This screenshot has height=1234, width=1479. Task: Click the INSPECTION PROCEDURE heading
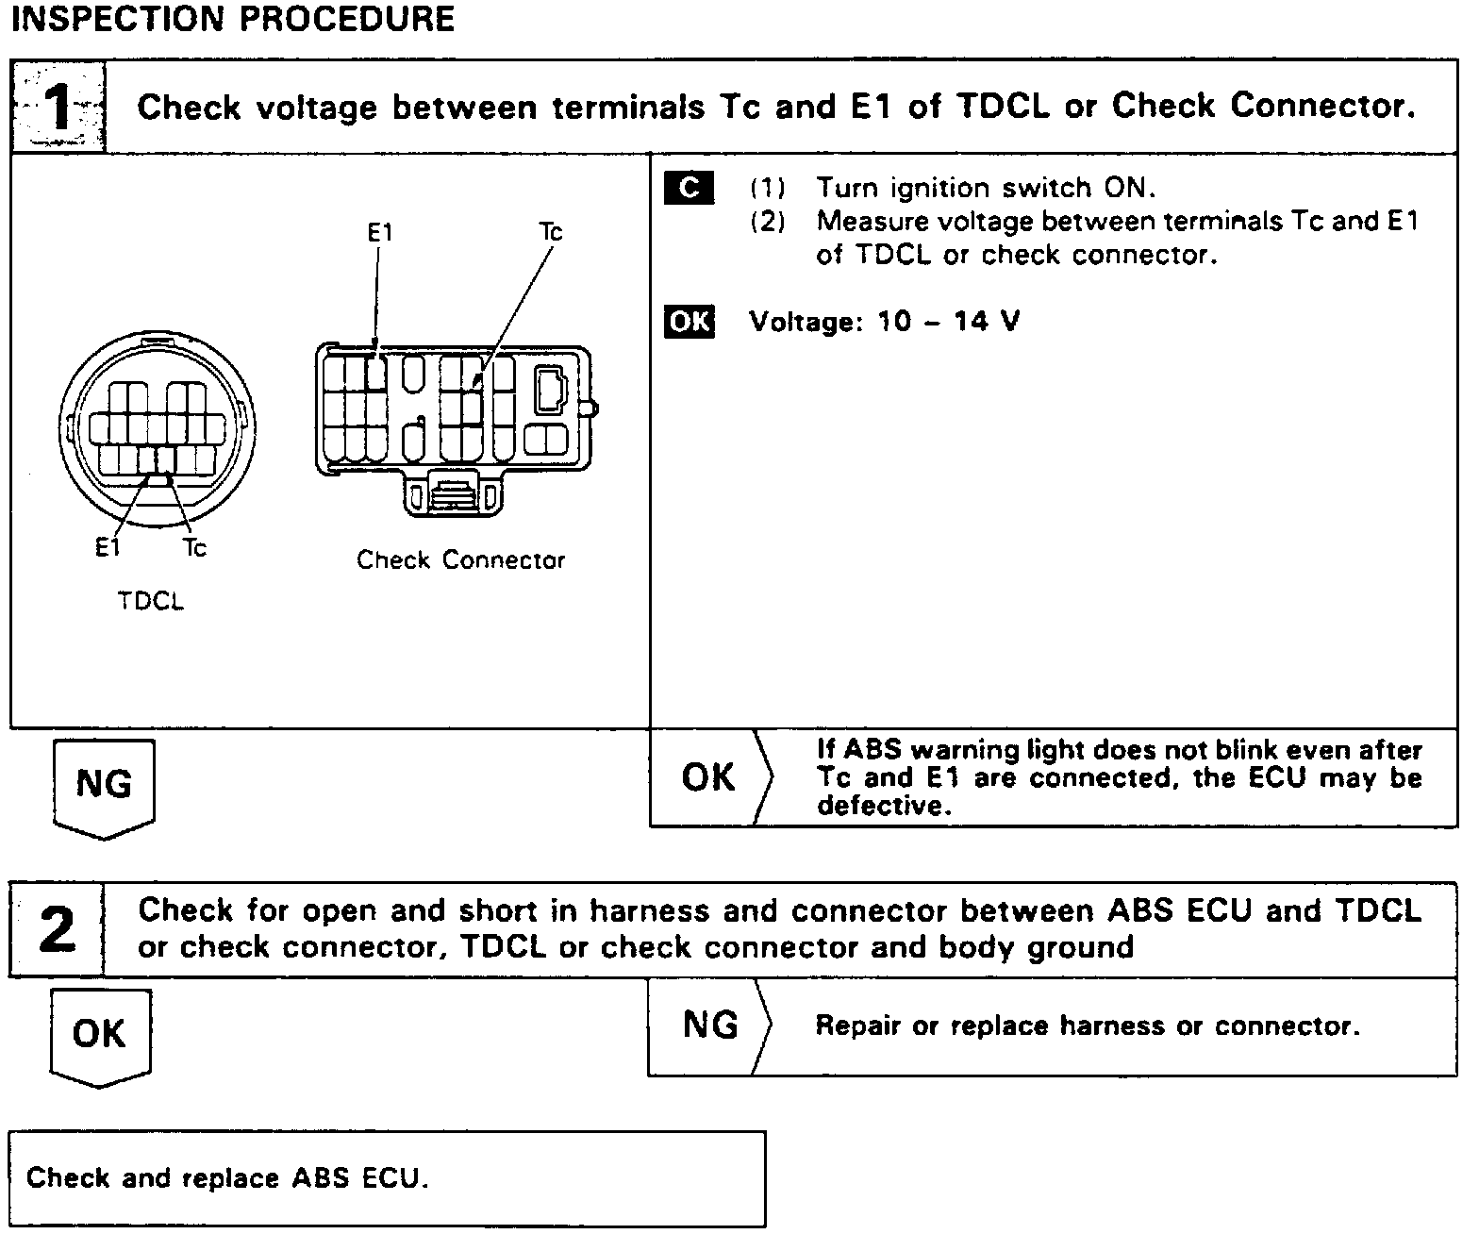point(232,19)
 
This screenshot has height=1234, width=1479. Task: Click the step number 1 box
point(58,108)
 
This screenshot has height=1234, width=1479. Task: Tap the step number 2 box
point(57,930)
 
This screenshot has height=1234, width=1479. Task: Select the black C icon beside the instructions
point(689,189)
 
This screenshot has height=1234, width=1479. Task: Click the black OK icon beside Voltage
point(690,322)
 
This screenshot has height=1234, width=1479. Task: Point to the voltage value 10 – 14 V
point(948,322)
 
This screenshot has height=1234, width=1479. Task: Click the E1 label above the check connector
point(379,232)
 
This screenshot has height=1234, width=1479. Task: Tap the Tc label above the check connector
point(551,232)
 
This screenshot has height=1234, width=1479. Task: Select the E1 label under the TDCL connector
point(108,548)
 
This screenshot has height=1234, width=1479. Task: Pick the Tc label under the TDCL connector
point(194,548)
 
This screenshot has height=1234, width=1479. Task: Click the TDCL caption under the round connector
point(151,601)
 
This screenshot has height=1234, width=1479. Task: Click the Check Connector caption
point(460,560)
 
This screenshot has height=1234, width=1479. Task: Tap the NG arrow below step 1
point(104,786)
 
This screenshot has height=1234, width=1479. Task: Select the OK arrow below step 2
point(99,1035)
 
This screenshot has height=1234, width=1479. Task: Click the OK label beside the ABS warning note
point(708,778)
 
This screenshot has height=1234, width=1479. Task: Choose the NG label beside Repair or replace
point(709,1026)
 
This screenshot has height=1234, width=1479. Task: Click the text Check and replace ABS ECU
point(227,1178)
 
